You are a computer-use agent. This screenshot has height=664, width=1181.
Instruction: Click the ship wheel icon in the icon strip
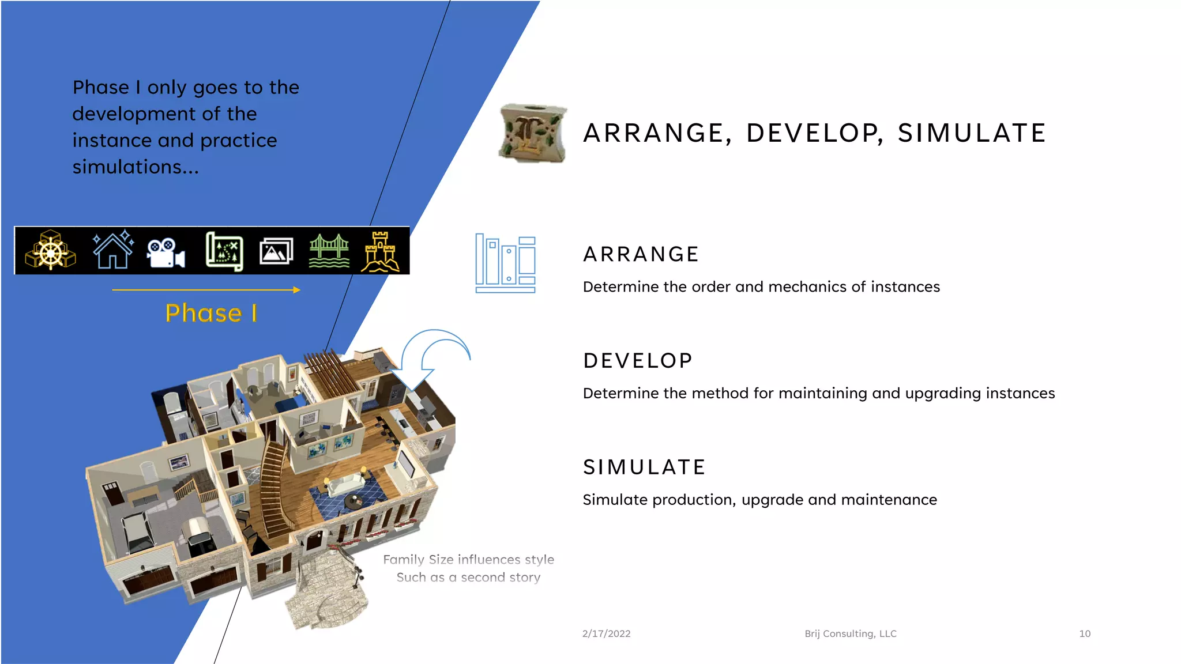click(51, 251)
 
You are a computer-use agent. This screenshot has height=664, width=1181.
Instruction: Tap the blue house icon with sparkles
click(113, 250)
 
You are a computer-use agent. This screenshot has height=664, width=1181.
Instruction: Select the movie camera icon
click(166, 252)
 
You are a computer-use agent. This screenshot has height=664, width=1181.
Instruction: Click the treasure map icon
click(224, 251)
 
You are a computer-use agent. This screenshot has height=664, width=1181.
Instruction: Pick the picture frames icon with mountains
click(276, 251)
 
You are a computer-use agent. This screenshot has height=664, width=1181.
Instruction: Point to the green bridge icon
click(329, 251)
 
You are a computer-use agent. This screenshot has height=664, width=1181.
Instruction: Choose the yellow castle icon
click(380, 251)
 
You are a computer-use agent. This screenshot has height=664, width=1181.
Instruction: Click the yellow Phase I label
click(211, 313)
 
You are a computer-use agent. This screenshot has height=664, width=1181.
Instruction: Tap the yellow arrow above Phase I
click(206, 290)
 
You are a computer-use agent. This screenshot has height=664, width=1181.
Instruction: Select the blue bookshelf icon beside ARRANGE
click(505, 263)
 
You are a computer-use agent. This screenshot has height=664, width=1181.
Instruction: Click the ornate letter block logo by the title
click(532, 134)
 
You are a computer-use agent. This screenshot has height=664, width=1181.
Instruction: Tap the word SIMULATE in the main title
click(971, 133)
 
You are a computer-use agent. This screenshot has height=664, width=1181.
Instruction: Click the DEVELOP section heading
click(638, 361)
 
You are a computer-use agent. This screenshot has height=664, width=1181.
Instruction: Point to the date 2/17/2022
click(606, 633)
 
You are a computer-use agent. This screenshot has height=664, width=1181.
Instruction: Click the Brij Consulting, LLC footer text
click(851, 633)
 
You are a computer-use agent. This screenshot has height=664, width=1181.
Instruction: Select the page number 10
click(1085, 633)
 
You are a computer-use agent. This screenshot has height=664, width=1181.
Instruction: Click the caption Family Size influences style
click(468, 560)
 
